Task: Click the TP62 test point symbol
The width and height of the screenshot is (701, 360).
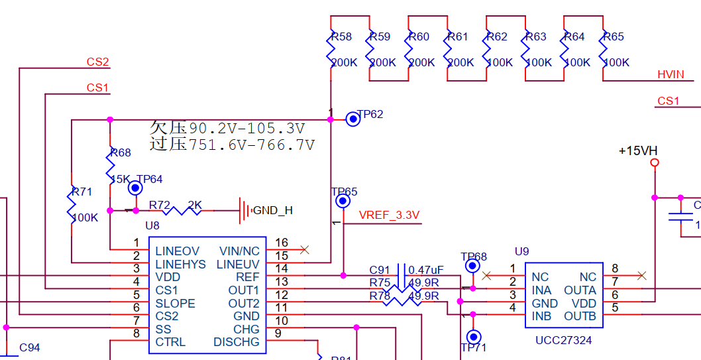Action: coord(353,119)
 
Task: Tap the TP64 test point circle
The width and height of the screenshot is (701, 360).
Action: coord(135,188)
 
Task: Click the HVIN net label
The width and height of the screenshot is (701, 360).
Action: coord(671,74)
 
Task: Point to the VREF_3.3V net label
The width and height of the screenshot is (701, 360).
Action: coord(389,215)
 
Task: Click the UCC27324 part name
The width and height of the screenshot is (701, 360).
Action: coord(563,340)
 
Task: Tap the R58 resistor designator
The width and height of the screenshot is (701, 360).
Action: coord(341,36)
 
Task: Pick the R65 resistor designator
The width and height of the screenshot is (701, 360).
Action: coord(614,36)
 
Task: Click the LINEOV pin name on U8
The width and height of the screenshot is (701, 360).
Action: coord(177,251)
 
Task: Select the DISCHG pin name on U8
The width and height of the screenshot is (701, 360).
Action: coord(237,342)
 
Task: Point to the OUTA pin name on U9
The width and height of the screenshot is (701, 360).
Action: coord(580,290)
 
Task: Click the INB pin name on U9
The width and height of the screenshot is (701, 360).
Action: coord(541,316)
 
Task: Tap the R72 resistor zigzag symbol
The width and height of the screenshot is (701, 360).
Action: coord(183,211)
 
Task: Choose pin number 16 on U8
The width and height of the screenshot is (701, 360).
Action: coord(282,243)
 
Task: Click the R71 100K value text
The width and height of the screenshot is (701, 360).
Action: coord(85,217)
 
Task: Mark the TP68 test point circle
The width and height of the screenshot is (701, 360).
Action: coord(472,266)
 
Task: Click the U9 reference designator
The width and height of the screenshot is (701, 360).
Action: coord(522,251)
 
